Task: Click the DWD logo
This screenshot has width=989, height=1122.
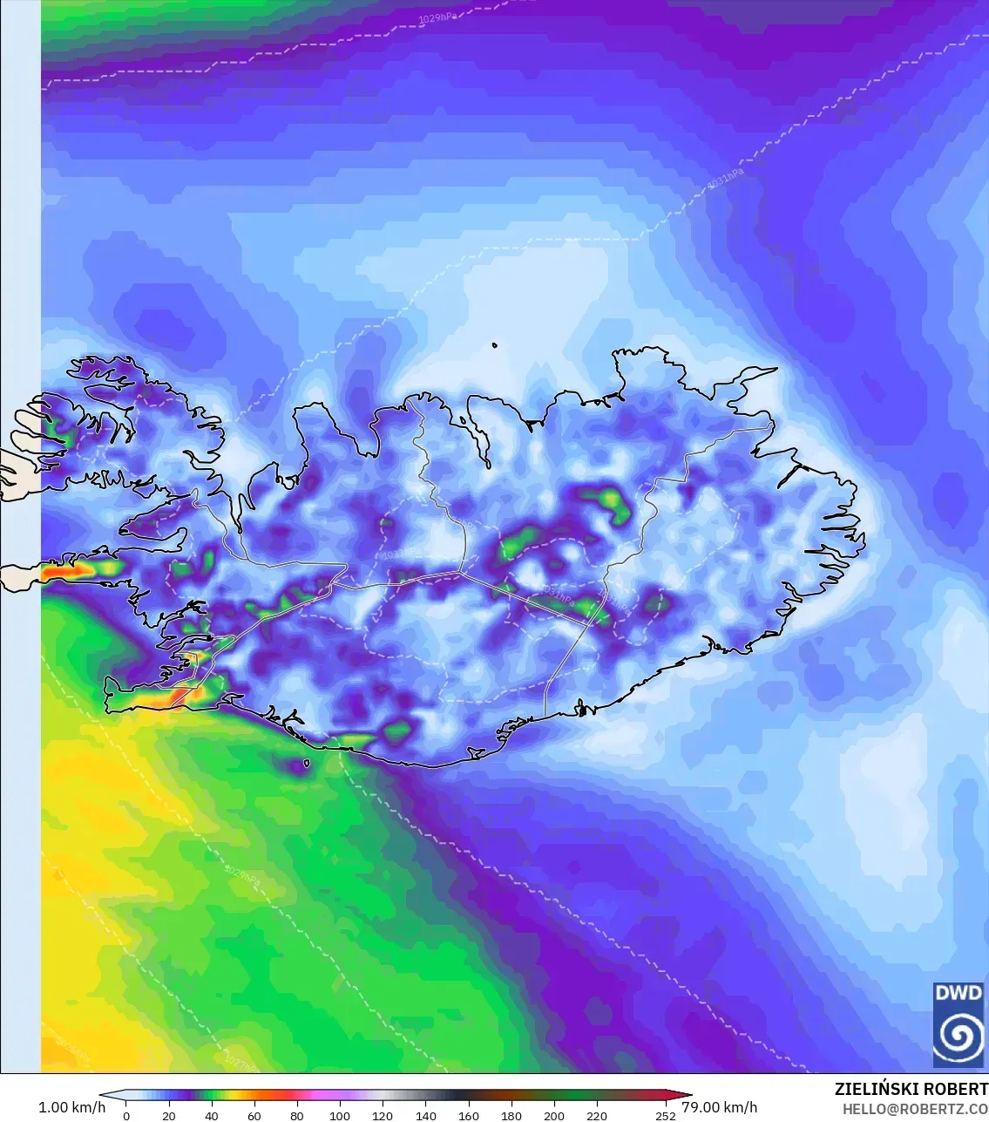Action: point(958,1023)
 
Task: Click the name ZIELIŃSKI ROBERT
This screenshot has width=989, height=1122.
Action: point(911,1089)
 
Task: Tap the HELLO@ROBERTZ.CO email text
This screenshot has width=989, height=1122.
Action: point(915,1108)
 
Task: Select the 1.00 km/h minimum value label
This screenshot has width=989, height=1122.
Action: point(71,1107)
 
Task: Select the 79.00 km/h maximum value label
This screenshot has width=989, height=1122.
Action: point(719,1107)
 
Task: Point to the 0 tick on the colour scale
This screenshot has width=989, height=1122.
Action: point(126,1115)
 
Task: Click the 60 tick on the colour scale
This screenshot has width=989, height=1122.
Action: point(254,1115)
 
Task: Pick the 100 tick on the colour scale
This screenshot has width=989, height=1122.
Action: point(340,1115)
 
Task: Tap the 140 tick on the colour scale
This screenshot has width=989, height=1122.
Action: point(425,1115)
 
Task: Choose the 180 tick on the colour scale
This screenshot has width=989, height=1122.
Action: point(511,1115)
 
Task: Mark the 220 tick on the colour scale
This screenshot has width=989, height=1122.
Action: point(597,1115)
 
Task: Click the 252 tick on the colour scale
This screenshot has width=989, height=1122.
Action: point(665,1115)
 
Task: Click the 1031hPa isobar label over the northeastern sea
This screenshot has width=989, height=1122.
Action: point(725,180)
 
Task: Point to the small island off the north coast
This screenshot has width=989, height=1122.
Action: point(494,345)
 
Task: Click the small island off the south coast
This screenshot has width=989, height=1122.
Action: point(307,765)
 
